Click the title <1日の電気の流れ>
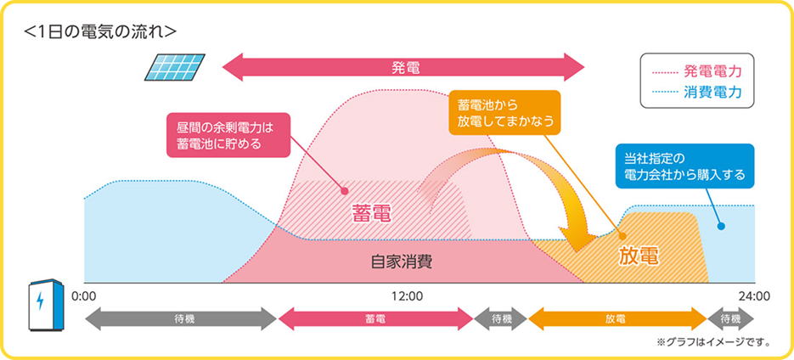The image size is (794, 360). point(99,31)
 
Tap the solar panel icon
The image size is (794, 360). point(175,67)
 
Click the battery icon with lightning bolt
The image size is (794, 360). point(46,305)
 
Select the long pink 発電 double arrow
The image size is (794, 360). point(403,67)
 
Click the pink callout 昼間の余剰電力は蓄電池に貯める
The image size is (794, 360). point(228,135)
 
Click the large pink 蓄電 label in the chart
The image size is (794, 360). point(371,215)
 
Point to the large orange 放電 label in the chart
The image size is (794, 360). point(638,257)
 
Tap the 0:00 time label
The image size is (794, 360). point(84,295)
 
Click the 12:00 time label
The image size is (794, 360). point(406,295)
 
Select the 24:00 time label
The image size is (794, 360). point(754,295)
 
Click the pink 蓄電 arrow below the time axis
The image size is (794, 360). point(375,319)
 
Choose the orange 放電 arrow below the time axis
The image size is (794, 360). point(617,319)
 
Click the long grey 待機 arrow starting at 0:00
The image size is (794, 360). point(181,319)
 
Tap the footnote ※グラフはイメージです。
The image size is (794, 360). point(713,343)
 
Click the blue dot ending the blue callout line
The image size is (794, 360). point(721,227)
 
